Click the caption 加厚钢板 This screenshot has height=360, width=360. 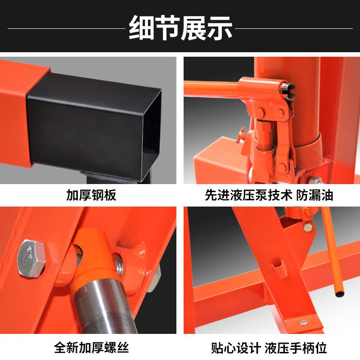(x=91, y=195)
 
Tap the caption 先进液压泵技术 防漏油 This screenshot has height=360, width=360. (x=269, y=195)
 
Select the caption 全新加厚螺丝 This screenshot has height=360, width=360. (x=91, y=347)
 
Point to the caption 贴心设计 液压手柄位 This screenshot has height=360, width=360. (x=269, y=347)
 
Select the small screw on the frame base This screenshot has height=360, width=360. (x=304, y=322)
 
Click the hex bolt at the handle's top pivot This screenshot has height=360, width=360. (x=308, y=228)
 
